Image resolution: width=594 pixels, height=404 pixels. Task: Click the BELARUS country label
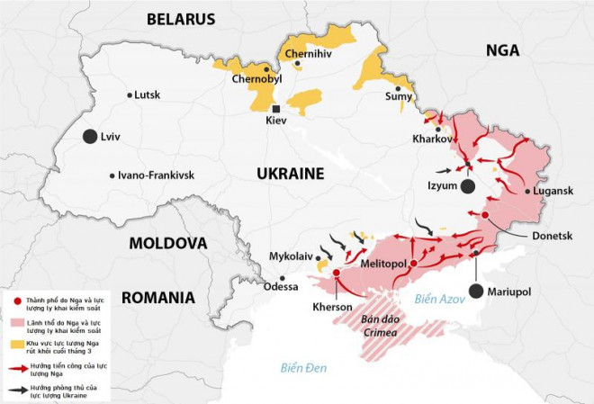click(181, 19)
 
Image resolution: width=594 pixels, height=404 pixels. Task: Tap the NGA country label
click(502, 50)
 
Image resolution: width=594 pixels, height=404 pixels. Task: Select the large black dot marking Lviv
click(89, 137)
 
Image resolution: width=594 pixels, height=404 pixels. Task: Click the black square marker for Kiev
click(275, 109)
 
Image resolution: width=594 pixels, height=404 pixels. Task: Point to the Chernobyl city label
click(257, 79)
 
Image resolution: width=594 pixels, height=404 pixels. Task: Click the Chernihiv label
click(310, 54)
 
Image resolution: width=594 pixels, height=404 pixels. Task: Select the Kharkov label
click(430, 139)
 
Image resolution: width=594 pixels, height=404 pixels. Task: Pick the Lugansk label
click(553, 191)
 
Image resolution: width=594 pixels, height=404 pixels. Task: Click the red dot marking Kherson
click(337, 272)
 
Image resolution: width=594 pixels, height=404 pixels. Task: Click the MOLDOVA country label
click(168, 243)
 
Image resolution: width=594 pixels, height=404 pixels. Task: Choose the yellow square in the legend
click(18, 343)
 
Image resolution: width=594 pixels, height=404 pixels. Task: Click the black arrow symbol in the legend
click(19, 389)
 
